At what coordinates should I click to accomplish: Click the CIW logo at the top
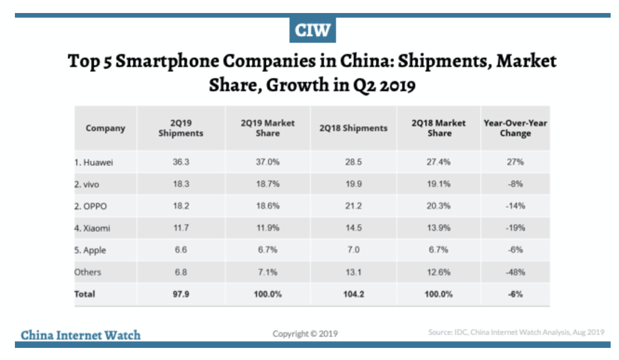pyautogui.click(x=312, y=30)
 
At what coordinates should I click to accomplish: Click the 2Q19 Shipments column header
pyautogui.click(x=181, y=128)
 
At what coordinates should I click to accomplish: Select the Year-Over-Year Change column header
pyautogui.click(x=515, y=128)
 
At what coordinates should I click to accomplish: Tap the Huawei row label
pyautogui.click(x=94, y=163)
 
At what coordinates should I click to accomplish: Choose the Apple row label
pyautogui.click(x=90, y=250)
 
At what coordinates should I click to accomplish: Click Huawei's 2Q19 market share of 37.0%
pyautogui.click(x=267, y=163)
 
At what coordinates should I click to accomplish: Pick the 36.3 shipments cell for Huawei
pyautogui.click(x=181, y=163)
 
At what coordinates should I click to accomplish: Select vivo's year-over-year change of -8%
pyautogui.click(x=515, y=184)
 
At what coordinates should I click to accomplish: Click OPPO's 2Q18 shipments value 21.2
pyautogui.click(x=353, y=206)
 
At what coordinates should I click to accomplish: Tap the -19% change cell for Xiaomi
pyautogui.click(x=515, y=228)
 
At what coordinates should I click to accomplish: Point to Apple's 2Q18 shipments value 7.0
pyautogui.click(x=353, y=250)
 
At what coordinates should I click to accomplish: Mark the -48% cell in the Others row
pyautogui.click(x=515, y=272)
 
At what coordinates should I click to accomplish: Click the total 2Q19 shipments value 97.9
pyautogui.click(x=181, y=294)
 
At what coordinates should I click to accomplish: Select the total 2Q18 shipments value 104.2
pyautogui.click(x=353, y=294)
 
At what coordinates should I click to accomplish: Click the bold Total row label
pyautogui.click(x=85, y=294)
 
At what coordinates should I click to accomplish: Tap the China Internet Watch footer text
pyautogui.click(x=81, y=335)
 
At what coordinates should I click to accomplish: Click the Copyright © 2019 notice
pyautogui.click(x=305, y=333)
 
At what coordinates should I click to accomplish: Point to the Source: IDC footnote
pyautogui.click(x=516, y=332)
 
